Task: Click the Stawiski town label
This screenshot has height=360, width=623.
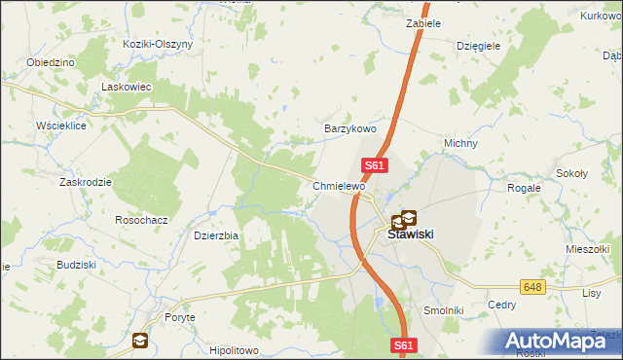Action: click(410, 234)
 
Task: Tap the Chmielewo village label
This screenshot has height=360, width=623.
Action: click(338, 186)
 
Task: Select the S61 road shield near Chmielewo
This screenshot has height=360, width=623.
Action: click(376, 166)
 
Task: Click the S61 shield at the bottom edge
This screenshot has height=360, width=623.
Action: click(406, 345)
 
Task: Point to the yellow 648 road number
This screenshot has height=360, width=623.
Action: click(531, 287)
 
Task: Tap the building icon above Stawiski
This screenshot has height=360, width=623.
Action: click(403, 219)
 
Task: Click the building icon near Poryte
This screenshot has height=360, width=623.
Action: click(142, 340)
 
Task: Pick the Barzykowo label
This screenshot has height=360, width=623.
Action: click(349, 128)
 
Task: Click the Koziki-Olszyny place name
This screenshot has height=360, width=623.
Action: click(159, 44)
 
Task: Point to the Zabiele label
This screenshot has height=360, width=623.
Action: click(423, 22)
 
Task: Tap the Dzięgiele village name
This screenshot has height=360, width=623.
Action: click(478, 45)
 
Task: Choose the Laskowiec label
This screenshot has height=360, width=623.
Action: click(124, 87)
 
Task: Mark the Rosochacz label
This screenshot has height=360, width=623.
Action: click(141, 220)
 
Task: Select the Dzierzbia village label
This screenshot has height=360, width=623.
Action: click(216, 234)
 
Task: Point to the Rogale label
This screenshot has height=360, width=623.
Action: click(524, 188)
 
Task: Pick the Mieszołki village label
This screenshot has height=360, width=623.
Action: click(587, 249)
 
